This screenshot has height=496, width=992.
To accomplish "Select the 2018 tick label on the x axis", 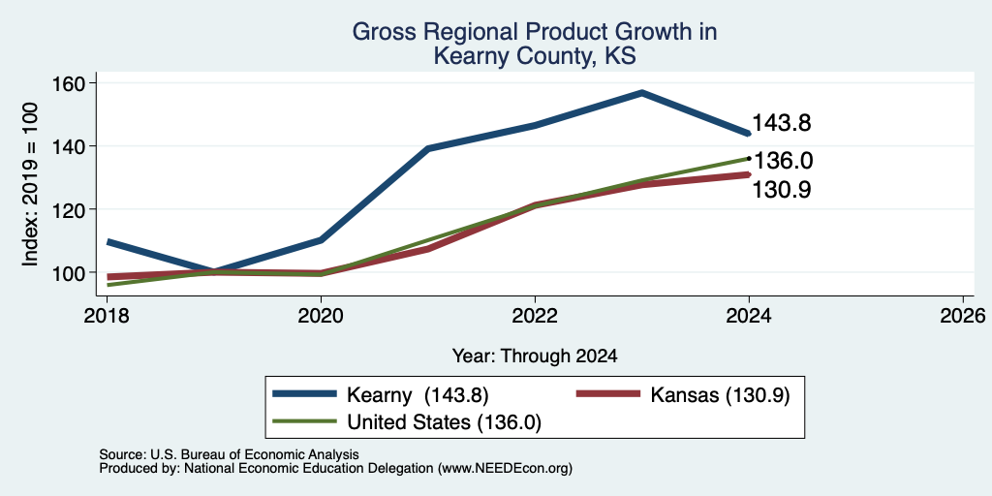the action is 108,316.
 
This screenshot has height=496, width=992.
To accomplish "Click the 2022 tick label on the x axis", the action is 535,316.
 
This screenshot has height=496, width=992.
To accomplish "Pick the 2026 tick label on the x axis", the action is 964,316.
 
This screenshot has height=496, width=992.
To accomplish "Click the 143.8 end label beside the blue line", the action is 782,123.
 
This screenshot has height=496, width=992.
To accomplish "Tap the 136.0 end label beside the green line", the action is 783,161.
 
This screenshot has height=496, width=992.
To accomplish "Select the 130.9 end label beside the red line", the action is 782,190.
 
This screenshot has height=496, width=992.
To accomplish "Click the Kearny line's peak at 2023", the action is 641,93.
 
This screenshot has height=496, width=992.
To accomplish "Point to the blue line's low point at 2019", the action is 214,272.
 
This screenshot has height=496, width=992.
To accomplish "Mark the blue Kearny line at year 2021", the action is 428,148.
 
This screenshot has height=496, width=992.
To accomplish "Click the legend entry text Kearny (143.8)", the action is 418,395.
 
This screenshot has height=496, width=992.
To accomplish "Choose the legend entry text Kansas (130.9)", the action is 720,395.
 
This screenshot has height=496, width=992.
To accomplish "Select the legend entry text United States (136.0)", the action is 444,422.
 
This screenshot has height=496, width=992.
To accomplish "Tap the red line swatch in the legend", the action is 608,394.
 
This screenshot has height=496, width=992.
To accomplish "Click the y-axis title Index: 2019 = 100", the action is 30,184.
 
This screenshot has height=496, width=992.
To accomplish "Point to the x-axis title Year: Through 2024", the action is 535,356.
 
